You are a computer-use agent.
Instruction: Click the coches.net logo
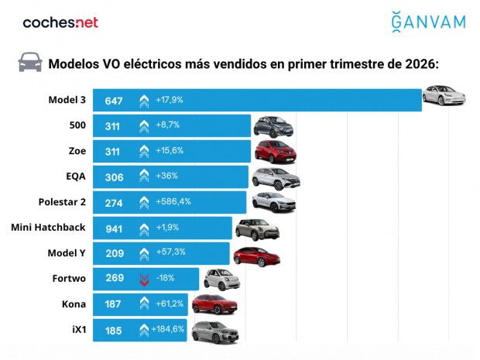pyautogui.click(x=60, y=22)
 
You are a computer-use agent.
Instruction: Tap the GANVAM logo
pyautogui.click(x=428, y=22)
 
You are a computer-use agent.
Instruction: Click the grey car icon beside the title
pyautogui.click(x=30, y=62)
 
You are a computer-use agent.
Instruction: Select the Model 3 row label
pyautogui.click(x=67, y=100)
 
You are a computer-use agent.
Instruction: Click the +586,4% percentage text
pyautogui.click(x=173, y=202)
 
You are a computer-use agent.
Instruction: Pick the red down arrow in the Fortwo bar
pyautogui.click(x=144, y=279)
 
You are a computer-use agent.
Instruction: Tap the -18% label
pyautogui.click(x=166, y=278)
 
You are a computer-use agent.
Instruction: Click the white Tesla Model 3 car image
pyautogui.click(x=445, y=97)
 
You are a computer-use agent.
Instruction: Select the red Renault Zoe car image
pyautogui.click(x=276, y=151)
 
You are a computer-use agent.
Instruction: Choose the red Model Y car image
pyautogui.click(x=256, y=255)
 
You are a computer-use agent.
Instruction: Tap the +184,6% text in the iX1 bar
pyautogui.click(x=173, y=329)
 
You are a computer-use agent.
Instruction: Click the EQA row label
pyautogui.click(x=75, y=176)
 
